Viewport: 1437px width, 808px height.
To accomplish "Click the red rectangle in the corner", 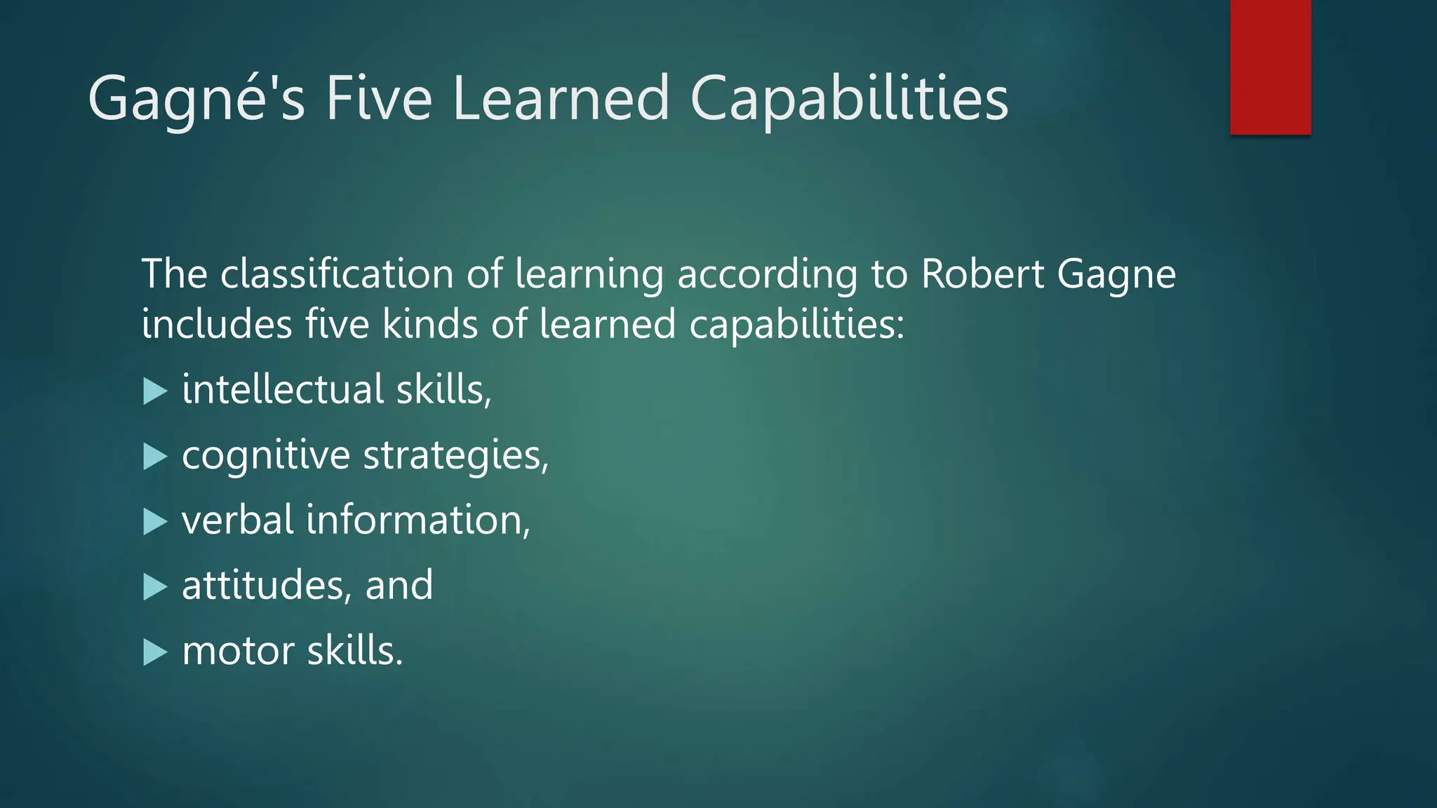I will click(1270, 67).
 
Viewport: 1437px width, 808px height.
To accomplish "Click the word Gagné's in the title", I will click(196, 100).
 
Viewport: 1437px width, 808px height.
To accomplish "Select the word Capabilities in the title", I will click(849, 100).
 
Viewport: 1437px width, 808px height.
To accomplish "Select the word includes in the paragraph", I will click(217, 324).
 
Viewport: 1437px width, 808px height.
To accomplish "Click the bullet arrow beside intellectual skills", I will click(154, 391).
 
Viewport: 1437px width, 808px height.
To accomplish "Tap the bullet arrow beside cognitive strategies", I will click(154, 456).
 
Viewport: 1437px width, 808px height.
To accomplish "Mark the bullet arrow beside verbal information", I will click(154, 521).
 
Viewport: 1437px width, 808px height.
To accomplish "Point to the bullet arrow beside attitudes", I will click(154, 586).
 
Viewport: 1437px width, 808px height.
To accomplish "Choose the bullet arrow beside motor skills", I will click(154, 652).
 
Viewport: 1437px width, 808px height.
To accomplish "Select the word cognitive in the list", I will click(266, 456).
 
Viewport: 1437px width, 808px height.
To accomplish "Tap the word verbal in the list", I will click(238, 520).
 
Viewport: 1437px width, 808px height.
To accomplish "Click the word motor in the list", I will click(238, 651).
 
